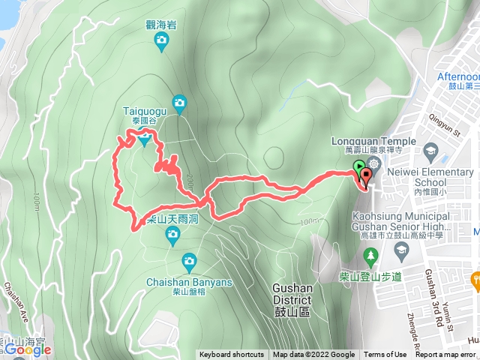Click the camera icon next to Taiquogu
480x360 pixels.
[178, 102]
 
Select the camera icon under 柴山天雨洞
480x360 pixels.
[172, 237]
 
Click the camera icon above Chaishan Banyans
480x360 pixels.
[188, 262]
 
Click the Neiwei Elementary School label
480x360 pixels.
[430, 176]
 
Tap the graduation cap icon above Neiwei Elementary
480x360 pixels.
[430, 152]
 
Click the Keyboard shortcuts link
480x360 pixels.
[232, 355]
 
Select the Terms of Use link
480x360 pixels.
[385, 355]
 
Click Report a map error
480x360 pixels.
[447, 355]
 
